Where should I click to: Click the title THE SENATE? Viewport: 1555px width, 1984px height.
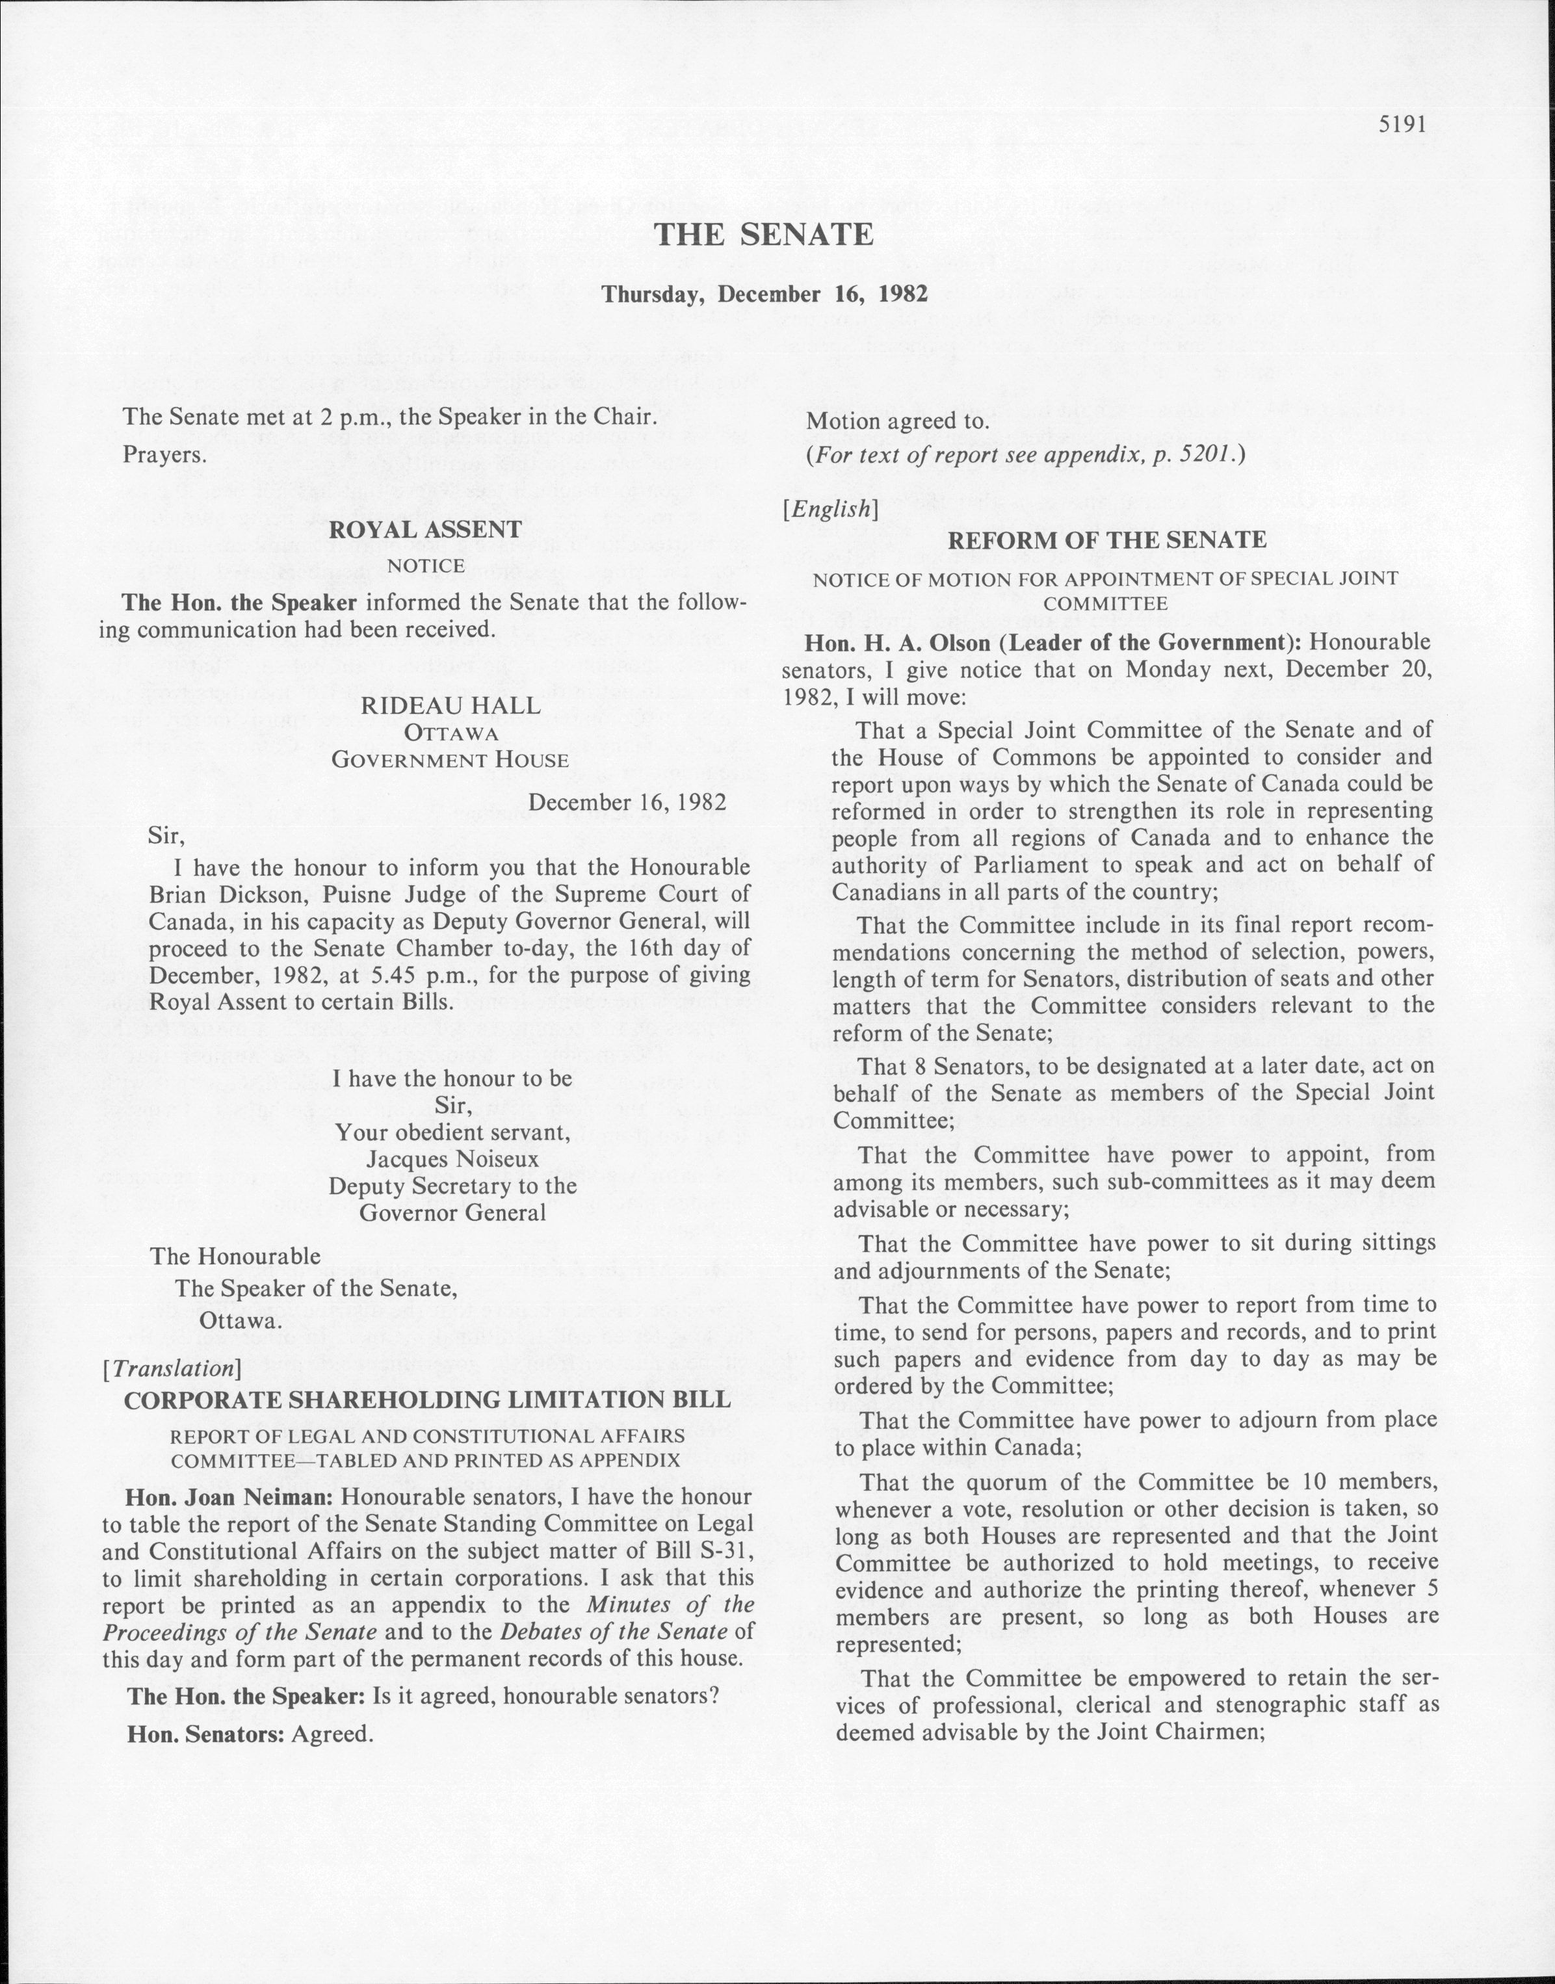764,235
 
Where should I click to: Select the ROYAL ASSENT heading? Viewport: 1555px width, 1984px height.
425,529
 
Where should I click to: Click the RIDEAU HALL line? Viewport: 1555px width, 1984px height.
450,705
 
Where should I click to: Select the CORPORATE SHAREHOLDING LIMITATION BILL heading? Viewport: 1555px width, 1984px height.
427,1400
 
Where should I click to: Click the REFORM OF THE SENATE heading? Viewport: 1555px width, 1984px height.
1106,540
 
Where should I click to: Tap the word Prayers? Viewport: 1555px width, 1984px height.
164,454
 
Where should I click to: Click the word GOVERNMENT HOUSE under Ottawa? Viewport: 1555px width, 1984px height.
450,759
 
